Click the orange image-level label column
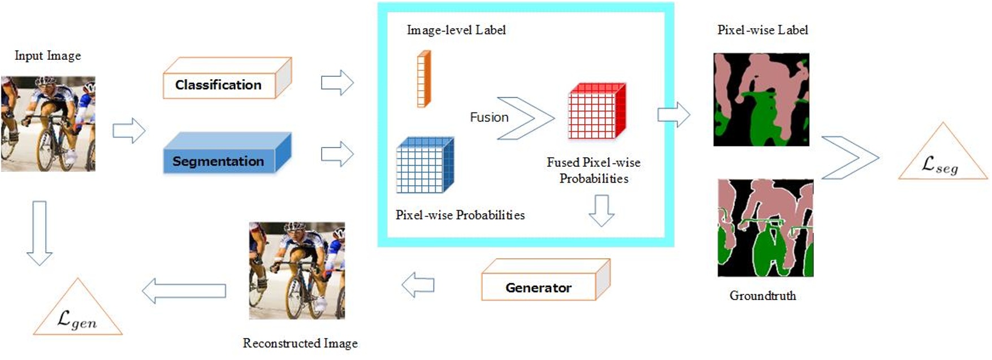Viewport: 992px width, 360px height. [423, 79]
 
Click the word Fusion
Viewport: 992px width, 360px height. [489, 117]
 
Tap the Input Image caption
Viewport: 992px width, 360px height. [47, 55]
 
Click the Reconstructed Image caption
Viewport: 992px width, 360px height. [300, 343]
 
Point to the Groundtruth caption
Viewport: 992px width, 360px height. [763, 296]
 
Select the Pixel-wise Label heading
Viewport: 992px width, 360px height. [763, 30]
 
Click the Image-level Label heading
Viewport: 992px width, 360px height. [456, 30]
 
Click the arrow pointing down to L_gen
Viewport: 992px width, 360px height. [40, 232]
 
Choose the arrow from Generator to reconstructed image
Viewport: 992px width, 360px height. [418, 285]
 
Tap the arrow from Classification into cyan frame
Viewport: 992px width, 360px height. [337, 83]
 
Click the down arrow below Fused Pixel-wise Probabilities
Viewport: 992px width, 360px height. [601, 210]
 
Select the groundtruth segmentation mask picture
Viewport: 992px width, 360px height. [765, 228]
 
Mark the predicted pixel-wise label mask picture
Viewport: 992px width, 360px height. [761, 99]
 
